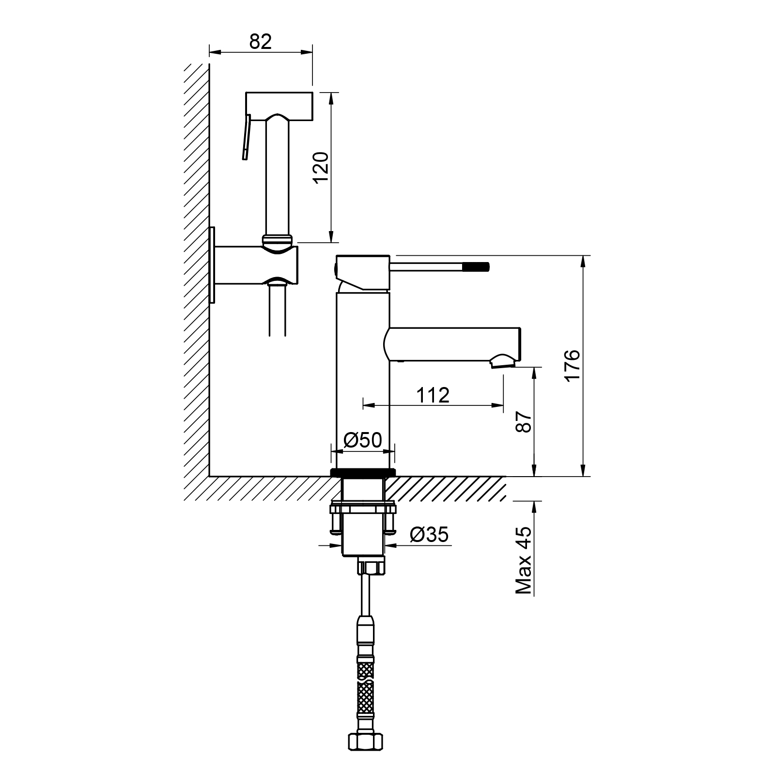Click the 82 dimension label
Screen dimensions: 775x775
point(261,42)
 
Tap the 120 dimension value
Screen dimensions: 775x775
point(321,168)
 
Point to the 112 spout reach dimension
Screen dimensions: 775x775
point(433,395)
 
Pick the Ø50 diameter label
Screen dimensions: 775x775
point(363,440)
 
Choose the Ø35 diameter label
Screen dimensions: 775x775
point(429,535)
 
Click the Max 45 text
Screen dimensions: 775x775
point(524,560)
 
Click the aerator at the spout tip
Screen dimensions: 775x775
point(502,361)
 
